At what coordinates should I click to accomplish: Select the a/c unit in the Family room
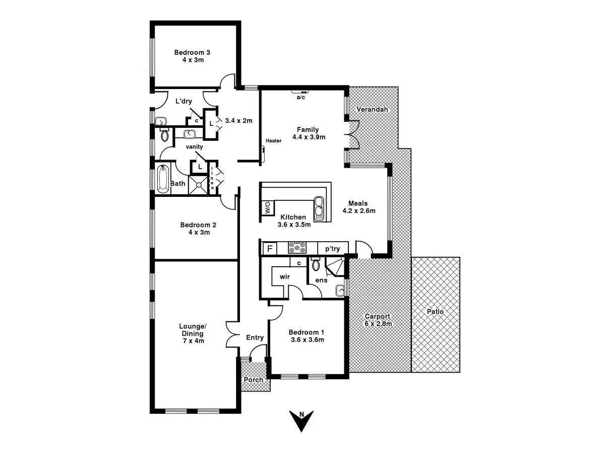[300, 92]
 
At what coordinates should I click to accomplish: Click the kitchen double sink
[320, 208]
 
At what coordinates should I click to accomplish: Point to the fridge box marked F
[270, 249]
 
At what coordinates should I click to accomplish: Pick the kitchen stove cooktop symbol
[297, 248]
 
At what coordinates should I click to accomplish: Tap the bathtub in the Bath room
[162, 179]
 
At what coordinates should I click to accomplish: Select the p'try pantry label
[332, 249]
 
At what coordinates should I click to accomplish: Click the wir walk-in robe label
[284, 276]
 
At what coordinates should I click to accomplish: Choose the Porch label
[254, 380]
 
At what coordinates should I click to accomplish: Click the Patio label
[435, 312]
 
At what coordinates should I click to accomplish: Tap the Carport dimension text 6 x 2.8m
[378, 324]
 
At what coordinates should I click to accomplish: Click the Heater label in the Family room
[273, 141]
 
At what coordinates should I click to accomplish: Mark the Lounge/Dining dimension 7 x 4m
[193, 341]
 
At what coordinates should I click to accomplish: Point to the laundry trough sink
[160, 121]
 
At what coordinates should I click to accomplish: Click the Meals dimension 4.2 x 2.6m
[358, 211]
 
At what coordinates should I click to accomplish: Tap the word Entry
[255, 337]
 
